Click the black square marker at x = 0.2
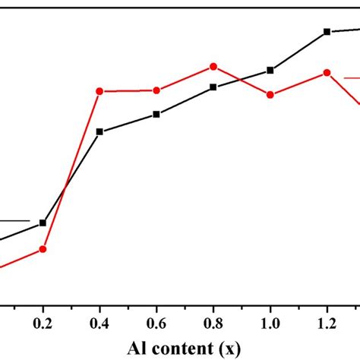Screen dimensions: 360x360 coord(43,223)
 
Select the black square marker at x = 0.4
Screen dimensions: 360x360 coord(99,131)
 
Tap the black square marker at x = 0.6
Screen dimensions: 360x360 coord(156,114)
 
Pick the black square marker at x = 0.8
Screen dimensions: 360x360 coord(213,87)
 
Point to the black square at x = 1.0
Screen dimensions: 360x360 coord(270,70)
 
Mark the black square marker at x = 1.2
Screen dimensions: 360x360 coord(327,32)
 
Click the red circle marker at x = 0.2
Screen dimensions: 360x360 coord(43,249)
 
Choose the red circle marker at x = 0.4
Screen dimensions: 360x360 coord(99,91)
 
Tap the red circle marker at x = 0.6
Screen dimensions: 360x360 coord(156,90)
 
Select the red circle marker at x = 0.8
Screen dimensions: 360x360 coord(213,66)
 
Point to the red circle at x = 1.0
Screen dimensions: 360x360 coord(270,94)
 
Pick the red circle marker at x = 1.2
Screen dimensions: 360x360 coord(327,72)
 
